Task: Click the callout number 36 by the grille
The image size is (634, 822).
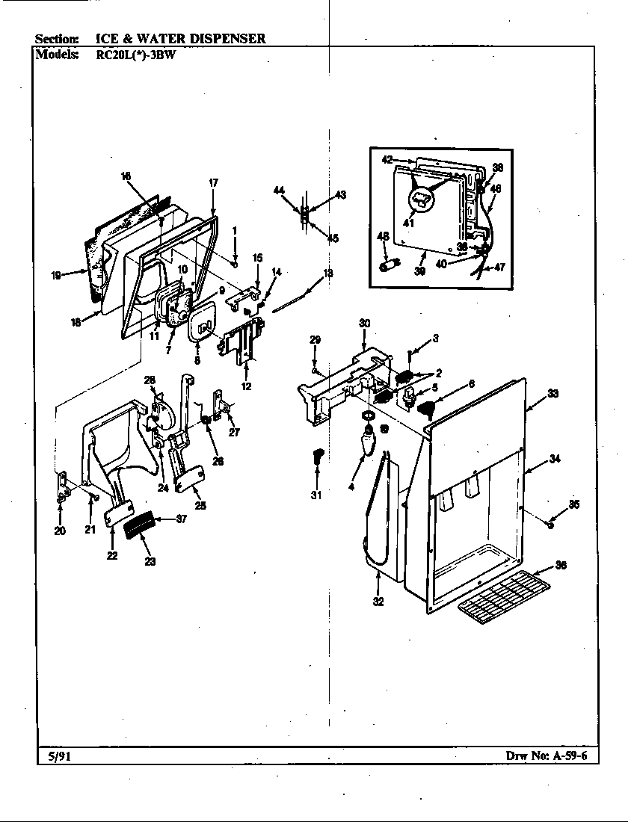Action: coord(561,566)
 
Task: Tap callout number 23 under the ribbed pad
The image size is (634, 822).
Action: coord(150,561)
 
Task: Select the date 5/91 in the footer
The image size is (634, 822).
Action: coord(53,755)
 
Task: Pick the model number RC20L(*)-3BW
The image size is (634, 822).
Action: coord(137,54)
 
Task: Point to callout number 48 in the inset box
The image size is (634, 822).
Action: coord(383,237)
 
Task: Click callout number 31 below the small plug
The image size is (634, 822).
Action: coord(315,495)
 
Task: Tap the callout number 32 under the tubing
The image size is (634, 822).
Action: coord(378,602)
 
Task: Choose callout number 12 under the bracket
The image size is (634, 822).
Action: coord(247,386)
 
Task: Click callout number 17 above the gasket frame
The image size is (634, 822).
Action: coord(213,182)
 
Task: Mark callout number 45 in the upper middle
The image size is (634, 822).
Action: coord(333,238)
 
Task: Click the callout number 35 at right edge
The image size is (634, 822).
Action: coord(574,504)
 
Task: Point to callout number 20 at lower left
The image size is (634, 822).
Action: coord(60,531)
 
